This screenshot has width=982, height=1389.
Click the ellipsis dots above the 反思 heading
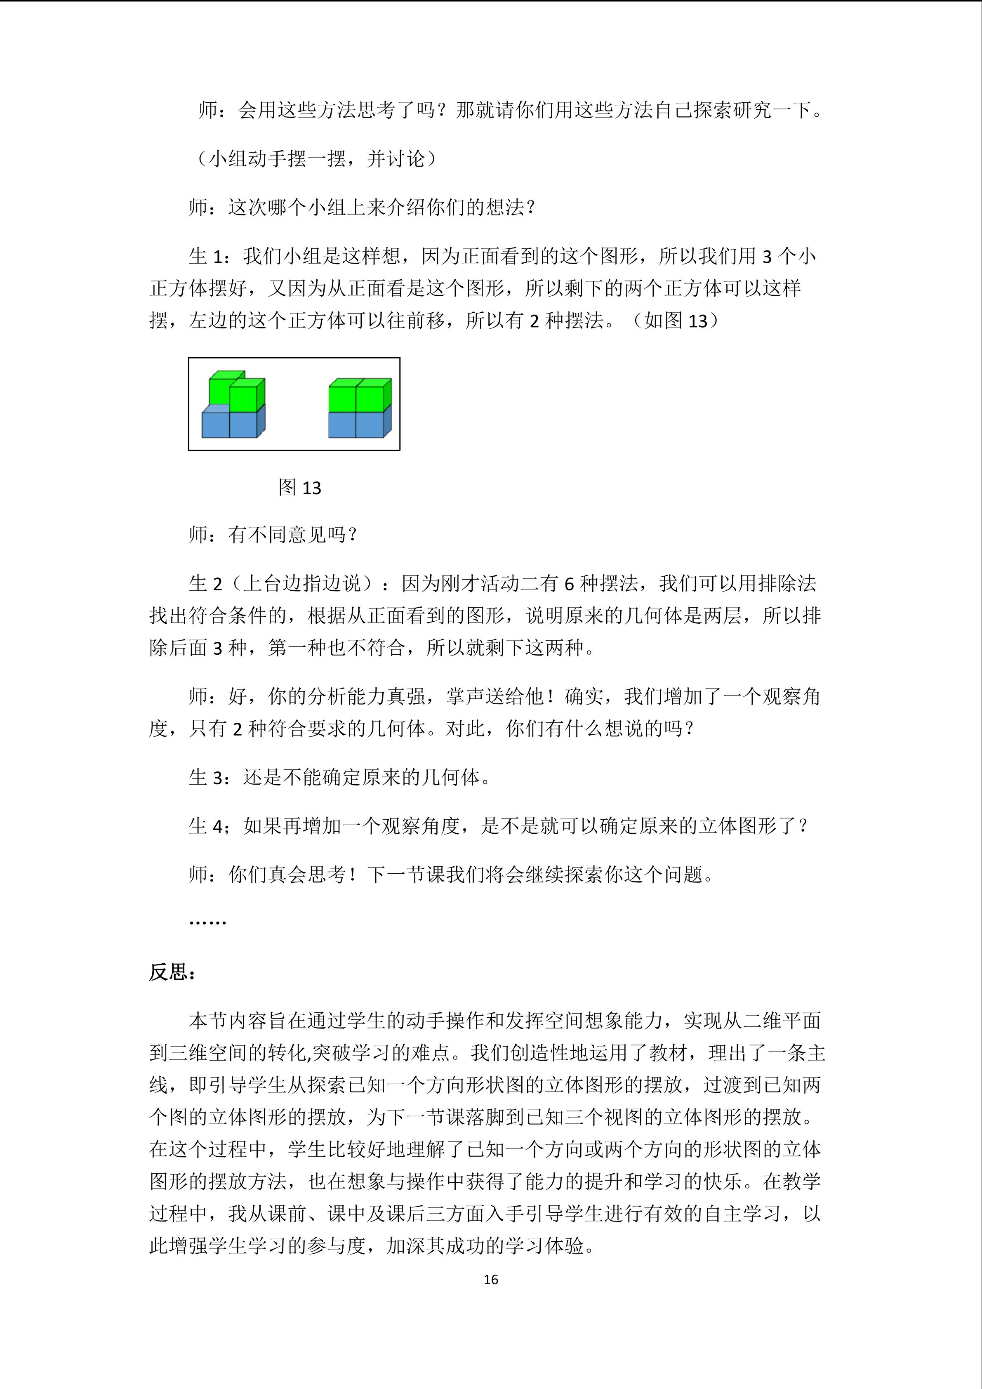point(207,922)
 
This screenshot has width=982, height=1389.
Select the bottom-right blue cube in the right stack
point(370,424)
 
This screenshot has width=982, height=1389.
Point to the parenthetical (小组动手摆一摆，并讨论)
point(317,159)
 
